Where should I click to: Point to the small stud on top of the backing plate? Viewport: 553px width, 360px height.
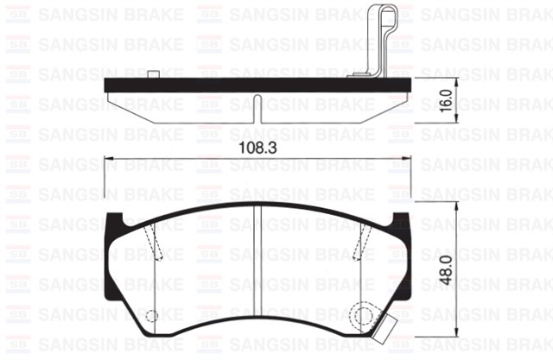pos(152,75)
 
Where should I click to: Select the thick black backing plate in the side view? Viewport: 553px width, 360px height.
pos(259,85)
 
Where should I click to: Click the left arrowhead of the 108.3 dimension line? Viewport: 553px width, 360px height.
pos(108,160)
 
